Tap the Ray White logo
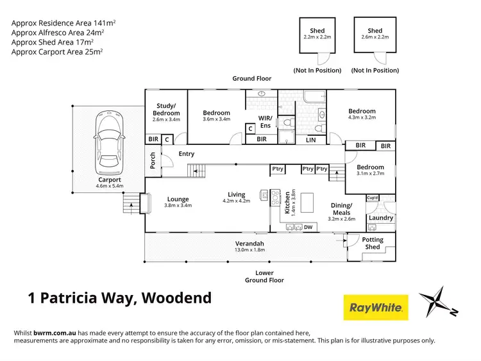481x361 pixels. pyautogui.click(x=376, y=307)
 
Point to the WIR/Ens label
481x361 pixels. pyautogui.click(x=266, y=121)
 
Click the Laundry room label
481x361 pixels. pyautogui.click(x=381, y=218)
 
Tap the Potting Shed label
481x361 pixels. pyautogui.click(x=373, y=244)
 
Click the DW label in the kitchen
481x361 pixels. pyautogui.click(x=308, y=227)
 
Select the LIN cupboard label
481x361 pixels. pyautogui.click(x=311, y=139)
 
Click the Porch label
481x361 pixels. pyautogui.click(x=153, y=161)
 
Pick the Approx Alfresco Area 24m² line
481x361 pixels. pyautogui.click(x=56, y=32)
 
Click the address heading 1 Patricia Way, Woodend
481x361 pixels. pyautogui.click(x=119, y=298)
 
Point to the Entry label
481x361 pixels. pyautogui.click(x=187, y=154)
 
